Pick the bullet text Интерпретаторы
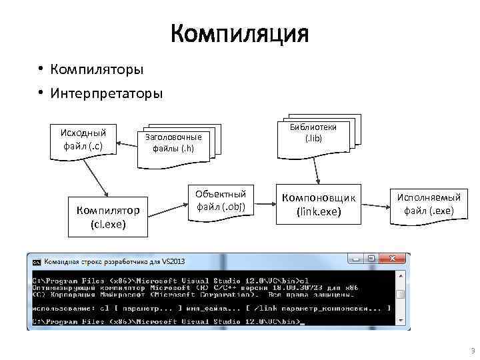pos(107,93)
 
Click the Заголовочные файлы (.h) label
pos(173,143)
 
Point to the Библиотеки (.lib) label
pos(313,133)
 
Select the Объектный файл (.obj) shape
pos(221,201)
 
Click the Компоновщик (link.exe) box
pos(319,205)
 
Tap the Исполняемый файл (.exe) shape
pos(429,204)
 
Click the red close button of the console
pos(395,259)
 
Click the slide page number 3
pos(472,351)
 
